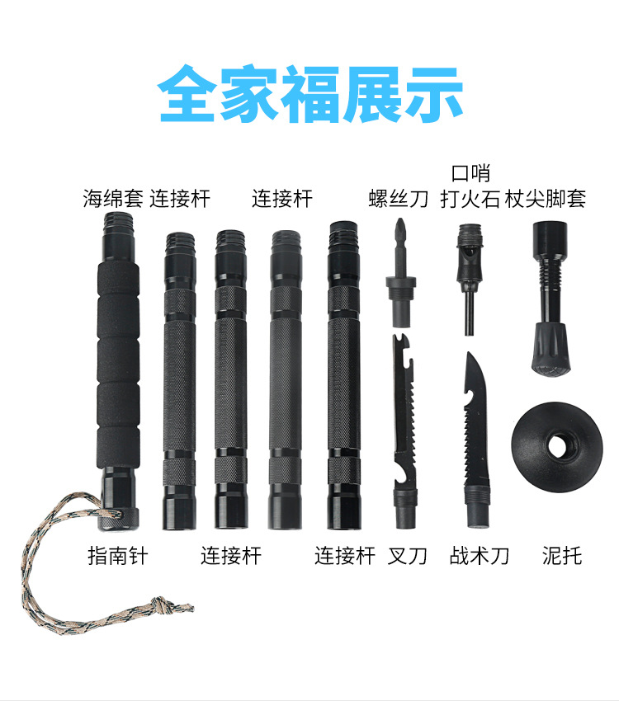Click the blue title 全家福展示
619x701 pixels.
pyautogui.click(x=309, y=94)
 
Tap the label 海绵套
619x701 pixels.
pyautogui.click(x=113, y=199)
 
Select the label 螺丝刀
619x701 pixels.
pyautogui.click(x=398, y=199)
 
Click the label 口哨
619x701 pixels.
pyautogui.click(x=470, y=173)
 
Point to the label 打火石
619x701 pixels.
pyautogui.click(x=470, y=199)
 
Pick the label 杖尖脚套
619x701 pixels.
pyautogui.click(x=546, y=199)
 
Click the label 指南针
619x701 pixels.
pyautogui.click(x=118, y=556)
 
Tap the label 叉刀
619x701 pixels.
pyautogui.click(x=407, y=556)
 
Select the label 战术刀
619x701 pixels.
pyautogui.click(x=480, y=556)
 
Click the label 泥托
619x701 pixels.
pyautogui.click(x=562, y=556)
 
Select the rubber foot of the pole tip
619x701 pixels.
pyautogui.click(x=550, y=348)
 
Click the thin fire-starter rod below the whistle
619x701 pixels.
pyautogui.click(x=469, y=313)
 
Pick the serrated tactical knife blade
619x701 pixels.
pyautogui.click(x=476, y=421)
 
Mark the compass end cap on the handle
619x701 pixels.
pyautogui.click(x=118, y=519)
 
